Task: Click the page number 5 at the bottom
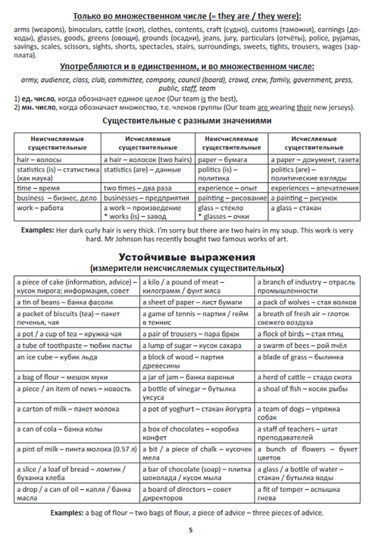190,530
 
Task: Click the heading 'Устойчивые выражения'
187,256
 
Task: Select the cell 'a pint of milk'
76,449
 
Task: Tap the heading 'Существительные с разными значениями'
187,121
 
